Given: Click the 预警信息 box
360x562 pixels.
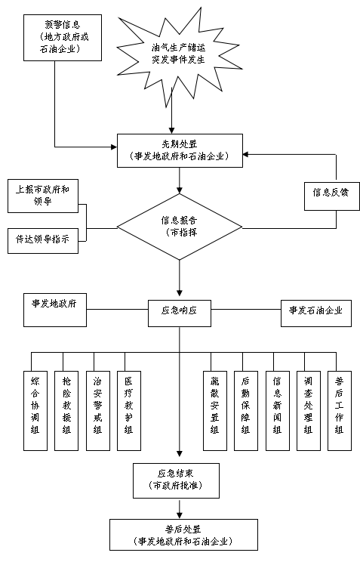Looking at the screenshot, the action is (63, 38).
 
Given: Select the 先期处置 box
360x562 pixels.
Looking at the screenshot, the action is (180, 150).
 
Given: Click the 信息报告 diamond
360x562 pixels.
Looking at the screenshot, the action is (180, 227).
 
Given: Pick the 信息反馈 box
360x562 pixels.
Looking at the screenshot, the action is (332, 196).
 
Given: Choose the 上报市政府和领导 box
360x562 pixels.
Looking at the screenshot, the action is (43, 196).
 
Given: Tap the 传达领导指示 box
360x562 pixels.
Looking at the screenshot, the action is (43, 240).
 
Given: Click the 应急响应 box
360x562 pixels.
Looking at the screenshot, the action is (180, 313).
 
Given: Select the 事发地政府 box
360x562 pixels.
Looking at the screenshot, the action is (55, 310).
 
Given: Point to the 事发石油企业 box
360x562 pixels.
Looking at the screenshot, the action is (316, 313).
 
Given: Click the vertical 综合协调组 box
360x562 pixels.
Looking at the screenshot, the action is (35, 411).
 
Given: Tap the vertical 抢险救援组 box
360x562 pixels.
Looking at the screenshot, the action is (66, 411).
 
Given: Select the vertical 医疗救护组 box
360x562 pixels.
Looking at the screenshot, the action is (129, 411).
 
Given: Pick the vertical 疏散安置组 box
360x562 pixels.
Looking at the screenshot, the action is (215, 411).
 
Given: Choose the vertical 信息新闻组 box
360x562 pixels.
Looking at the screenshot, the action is (278, 411).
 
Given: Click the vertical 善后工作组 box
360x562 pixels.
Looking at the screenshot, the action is (340, 411).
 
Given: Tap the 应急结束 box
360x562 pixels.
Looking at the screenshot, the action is (177, 480).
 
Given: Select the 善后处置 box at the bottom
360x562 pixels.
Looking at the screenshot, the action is (183, 535).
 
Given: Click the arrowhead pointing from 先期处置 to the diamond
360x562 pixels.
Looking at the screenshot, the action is (180, 190).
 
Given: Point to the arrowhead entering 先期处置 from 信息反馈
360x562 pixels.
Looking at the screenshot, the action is (246, 155).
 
